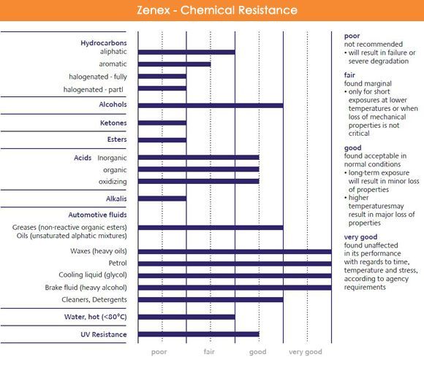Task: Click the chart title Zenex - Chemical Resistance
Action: pos(217,10)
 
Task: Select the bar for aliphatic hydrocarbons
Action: pos(186,52)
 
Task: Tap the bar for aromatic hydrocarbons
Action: pos(174,64)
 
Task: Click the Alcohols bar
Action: pos(211,105)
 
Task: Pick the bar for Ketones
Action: pos(162,123)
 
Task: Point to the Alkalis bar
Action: pos(162,199)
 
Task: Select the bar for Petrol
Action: pos(235,264)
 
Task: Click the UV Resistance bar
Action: pos(199,334)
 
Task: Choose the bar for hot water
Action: pos(186,317)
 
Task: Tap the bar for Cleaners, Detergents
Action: pos(211,300)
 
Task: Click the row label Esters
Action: pos(117,139)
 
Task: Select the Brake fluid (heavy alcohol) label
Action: pos(86,288)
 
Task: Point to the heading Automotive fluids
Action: pos(97,215)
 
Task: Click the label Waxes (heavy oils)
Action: pos(99,251)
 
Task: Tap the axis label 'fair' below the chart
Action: pos(209,352)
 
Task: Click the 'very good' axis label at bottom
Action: pos(306,352)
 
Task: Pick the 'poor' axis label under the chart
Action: pos(159,353)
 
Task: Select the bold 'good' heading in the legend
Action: pos(352,148)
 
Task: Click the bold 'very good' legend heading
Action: pos(360,237)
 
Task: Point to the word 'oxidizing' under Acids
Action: pos(113,182)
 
